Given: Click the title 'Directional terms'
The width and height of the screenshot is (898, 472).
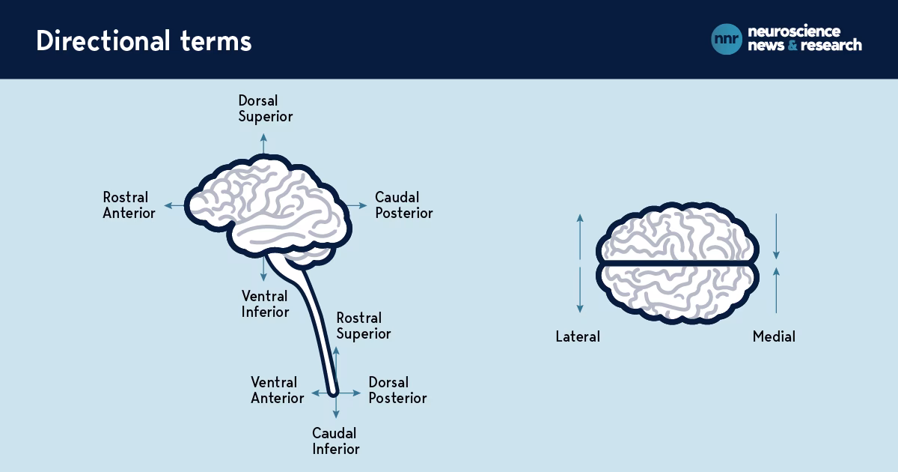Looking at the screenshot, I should tap(144, 41).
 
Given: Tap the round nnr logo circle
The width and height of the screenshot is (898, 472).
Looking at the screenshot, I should tap(727, 39).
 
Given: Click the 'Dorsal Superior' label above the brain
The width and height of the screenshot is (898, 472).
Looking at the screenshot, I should tap(265, 108).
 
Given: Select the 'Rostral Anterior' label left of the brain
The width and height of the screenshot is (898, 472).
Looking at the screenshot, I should tap(129, 205).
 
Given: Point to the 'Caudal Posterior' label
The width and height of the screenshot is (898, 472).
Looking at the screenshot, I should tap(403, 205).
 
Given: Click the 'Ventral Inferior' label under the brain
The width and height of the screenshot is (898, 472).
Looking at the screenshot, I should tap(265, 303).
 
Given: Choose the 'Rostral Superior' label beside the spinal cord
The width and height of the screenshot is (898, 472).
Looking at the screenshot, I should tap(363, 326).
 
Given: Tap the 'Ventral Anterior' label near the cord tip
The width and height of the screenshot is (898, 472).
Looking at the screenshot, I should tap(277, 390).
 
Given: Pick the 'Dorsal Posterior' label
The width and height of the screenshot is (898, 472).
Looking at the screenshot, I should tap(397, 390).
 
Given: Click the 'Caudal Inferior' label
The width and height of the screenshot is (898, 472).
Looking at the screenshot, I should tap(335, 441).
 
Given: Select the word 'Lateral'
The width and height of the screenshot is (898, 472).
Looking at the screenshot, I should tap(578, 337).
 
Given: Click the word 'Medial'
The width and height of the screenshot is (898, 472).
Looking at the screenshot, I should tap(774, 337).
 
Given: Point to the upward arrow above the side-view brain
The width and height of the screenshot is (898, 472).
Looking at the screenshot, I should tap(263, 143).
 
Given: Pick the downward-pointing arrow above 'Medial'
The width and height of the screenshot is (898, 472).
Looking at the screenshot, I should tap(776, 236).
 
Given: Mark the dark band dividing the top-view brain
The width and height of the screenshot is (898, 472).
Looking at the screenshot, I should tap(677, 263).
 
